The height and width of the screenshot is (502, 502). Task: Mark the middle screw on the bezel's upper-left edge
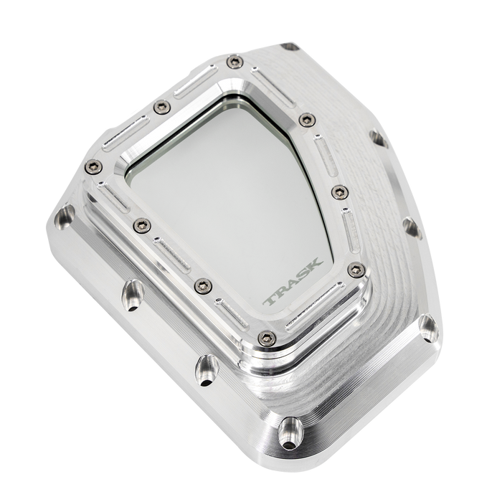161,107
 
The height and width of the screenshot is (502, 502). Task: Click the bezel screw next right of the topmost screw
307,118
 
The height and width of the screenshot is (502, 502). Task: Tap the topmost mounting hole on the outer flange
290,46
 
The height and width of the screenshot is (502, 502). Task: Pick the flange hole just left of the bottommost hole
206,368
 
